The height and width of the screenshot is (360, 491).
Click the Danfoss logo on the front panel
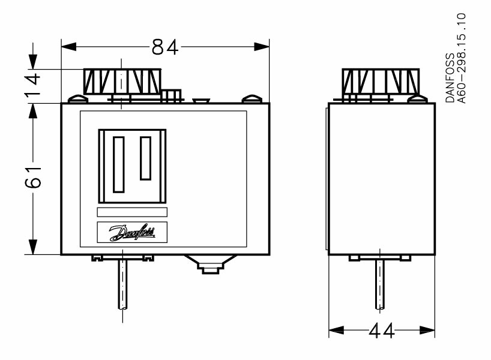coord(132,232)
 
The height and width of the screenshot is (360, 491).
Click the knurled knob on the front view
coord(122,82)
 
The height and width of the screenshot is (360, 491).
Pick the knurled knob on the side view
coord(381,81)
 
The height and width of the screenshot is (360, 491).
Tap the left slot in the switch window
coord(118,164)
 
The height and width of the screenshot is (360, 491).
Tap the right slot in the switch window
coord(146,158)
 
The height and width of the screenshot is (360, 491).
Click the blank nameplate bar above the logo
coord(132,212)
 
